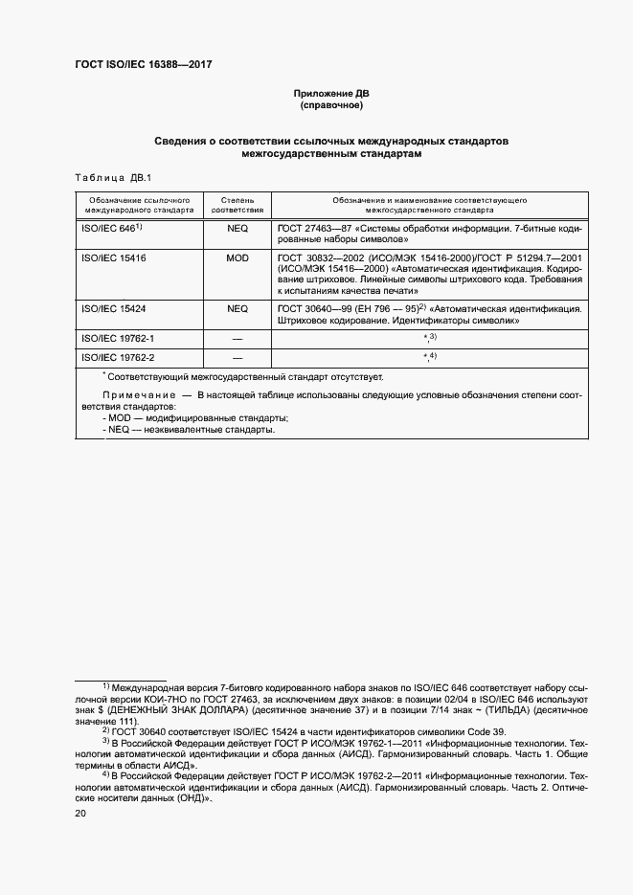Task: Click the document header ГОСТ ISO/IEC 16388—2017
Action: pos(143,65)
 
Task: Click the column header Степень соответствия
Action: pos(237,203)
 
